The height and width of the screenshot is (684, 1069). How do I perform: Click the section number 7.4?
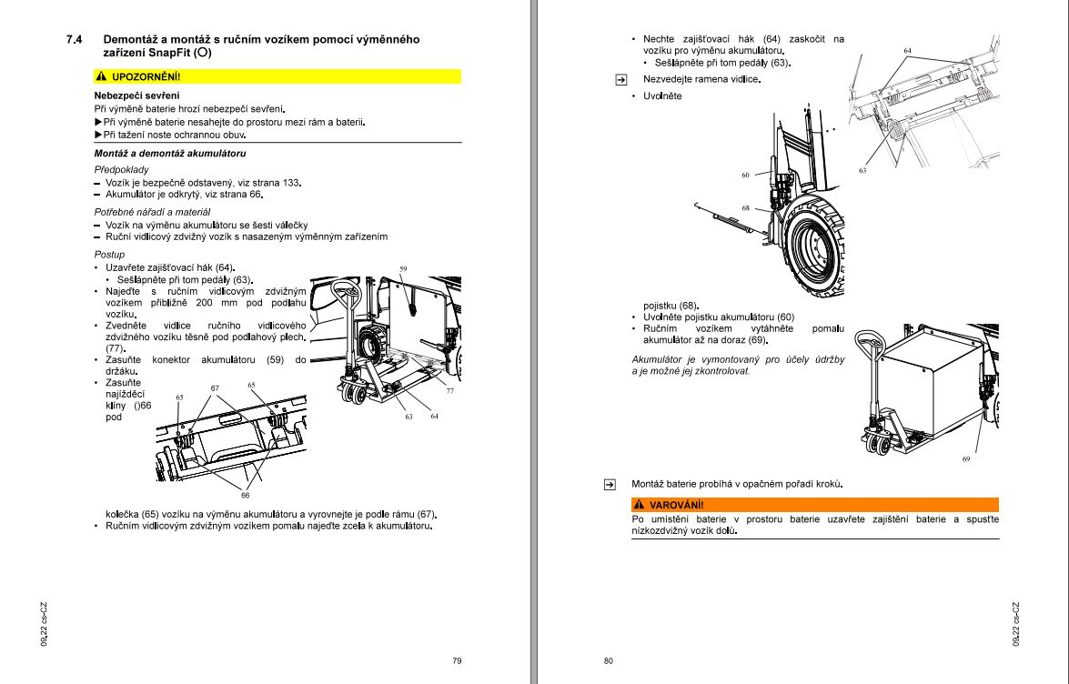coord(75,40)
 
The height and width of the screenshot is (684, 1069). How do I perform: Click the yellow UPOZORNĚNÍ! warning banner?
coord(277,76)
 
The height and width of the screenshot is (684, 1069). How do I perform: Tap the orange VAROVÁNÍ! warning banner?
coord(814,505)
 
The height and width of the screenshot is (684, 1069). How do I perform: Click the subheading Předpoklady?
coord(121,170)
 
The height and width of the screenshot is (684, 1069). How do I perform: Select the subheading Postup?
coord(109,255)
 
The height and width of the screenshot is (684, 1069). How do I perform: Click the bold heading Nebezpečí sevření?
coord(136,96)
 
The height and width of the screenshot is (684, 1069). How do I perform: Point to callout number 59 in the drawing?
coord(403,269)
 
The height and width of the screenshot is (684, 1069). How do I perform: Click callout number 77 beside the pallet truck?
coord(449,390)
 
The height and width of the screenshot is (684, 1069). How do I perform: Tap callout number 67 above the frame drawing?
coord(215,388)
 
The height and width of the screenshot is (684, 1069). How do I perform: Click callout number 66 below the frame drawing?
coord(246,495)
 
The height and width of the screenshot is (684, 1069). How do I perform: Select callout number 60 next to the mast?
coord(745,175)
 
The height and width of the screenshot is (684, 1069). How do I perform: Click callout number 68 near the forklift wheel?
coord(745,207)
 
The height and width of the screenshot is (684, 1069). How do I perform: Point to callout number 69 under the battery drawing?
coord(966,459)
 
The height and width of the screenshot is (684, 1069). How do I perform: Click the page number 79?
coord(457,660)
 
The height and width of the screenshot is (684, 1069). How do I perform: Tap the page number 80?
coord(609,660)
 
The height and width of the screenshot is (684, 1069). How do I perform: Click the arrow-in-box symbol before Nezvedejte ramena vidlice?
coord(621,80)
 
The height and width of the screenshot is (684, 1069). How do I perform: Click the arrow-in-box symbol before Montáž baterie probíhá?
coord(610,485)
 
